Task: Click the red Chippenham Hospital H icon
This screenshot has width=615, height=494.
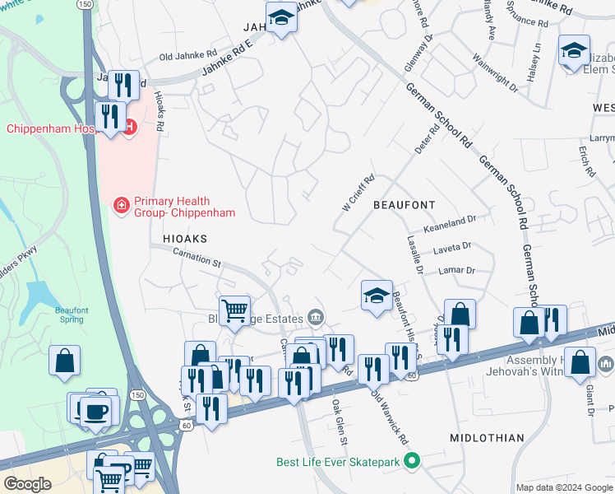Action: point(130,126)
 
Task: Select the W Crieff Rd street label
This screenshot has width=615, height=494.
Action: point(358,191)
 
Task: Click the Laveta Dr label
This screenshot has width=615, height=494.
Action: point(454,246)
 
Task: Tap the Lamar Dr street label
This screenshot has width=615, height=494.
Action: point(459,270)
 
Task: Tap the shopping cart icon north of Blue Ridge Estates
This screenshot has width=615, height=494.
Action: point(235,310)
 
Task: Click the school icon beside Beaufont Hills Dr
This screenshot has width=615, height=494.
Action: point(377,295)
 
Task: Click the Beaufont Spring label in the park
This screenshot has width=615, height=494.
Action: point(72,315)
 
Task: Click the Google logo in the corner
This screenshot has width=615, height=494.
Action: point(28,484)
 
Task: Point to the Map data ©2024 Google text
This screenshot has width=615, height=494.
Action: point(563,487)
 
